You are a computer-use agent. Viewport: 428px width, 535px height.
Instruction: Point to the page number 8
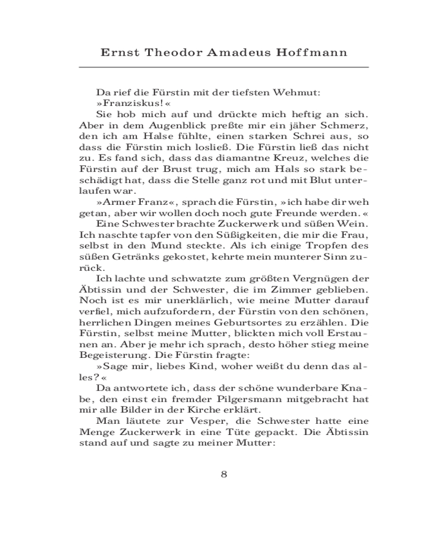pyautogui.click(x=224, y=475)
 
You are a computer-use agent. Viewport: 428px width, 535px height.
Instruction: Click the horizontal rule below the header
pyautogui.click(x=224, y=67)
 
